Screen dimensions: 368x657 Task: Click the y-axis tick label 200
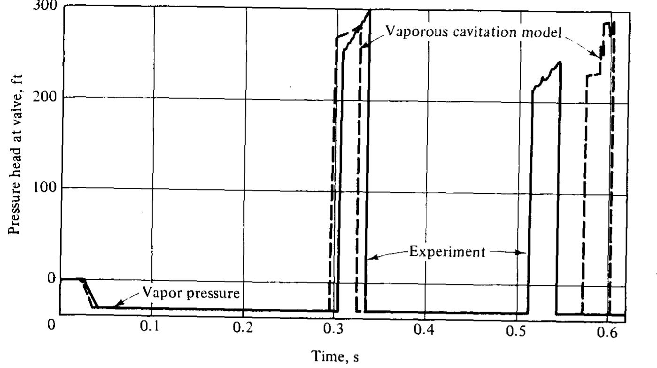(x=46, y=97)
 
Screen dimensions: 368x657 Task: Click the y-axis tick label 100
(x=46, y=187)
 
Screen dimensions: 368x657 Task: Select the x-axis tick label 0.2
(x=242, y=326)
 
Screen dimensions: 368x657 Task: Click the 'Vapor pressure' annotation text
(x=191, y=294)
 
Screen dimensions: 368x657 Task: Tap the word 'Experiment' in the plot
(x=447, y=252)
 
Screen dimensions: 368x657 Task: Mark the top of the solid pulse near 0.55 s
(x=559, y=62)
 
